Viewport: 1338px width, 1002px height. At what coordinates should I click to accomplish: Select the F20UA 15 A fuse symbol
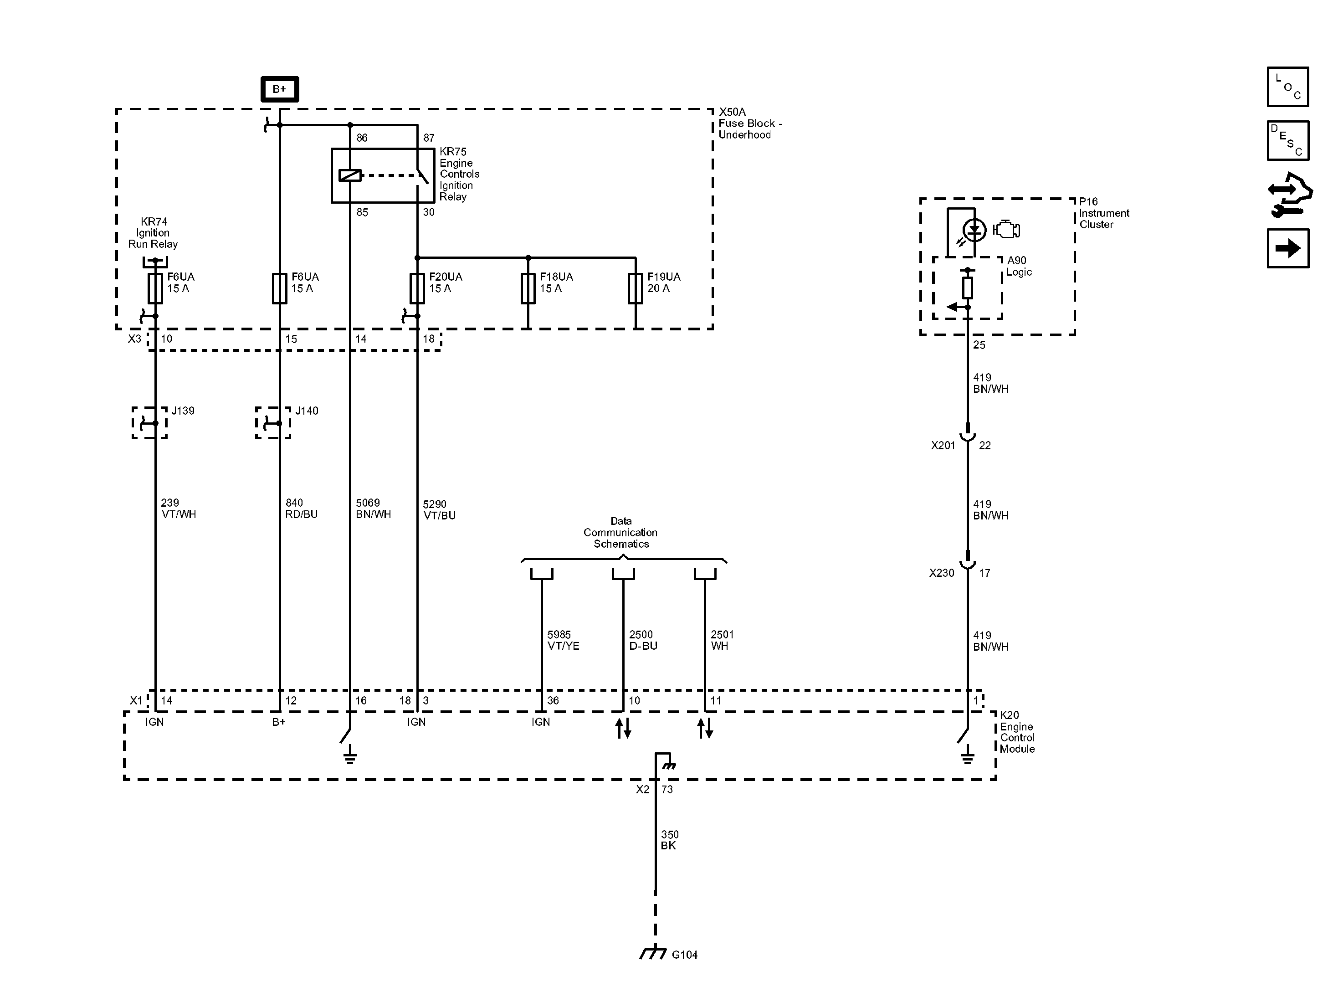tap(417, 288)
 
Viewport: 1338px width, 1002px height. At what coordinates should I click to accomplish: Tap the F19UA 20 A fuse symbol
tap(635, 288)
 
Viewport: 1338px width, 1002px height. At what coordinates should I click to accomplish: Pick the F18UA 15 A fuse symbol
tap(528, 288)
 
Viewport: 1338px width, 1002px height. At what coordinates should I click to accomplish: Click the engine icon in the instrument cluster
tap(1006, 230)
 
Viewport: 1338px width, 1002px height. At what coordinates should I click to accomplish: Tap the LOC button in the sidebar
tap(1288, 87)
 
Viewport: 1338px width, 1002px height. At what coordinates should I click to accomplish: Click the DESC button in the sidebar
tap(1288, 140)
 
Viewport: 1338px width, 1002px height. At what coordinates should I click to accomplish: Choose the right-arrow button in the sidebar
tap(1288, 248)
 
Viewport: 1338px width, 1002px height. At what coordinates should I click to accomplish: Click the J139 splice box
tap(149, 423)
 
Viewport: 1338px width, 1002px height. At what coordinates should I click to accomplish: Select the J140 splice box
tap(273, 423)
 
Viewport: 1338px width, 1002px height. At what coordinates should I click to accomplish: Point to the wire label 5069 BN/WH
tap(373, 508)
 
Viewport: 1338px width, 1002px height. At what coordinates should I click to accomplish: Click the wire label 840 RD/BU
tap(301, 508)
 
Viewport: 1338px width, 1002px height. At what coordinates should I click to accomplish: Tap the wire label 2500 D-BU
tap(643, 640)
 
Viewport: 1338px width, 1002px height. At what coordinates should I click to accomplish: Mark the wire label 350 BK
tap(670, 840)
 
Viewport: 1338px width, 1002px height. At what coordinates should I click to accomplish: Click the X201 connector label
tap(943, 445)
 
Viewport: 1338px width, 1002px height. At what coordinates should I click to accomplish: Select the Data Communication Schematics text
tap(620, 533)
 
